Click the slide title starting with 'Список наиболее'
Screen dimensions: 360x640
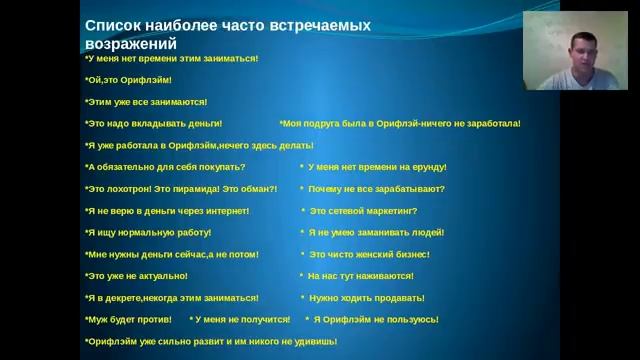point(227,24)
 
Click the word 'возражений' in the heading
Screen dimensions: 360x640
point(131,44)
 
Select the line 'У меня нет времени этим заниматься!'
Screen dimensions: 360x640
point(171,58)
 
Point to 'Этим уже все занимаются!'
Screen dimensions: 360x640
point(146,102)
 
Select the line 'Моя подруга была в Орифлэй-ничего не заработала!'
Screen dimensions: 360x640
point(400,124)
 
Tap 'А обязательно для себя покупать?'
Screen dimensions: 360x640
point(165,167)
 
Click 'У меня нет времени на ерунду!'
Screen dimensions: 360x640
point(376,167)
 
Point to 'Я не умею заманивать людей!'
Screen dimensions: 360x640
point(374,233)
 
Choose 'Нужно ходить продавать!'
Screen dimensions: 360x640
point(366,298)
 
